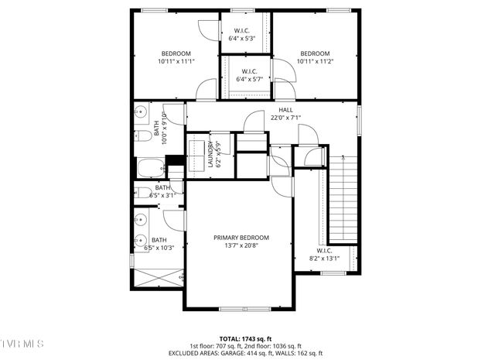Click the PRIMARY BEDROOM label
tap(241, 238)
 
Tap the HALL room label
tap(286, 110)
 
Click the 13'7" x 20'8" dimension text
tap(241, 246)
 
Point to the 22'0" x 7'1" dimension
tap(285, 118)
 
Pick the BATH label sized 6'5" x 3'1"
tap(162, 187)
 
